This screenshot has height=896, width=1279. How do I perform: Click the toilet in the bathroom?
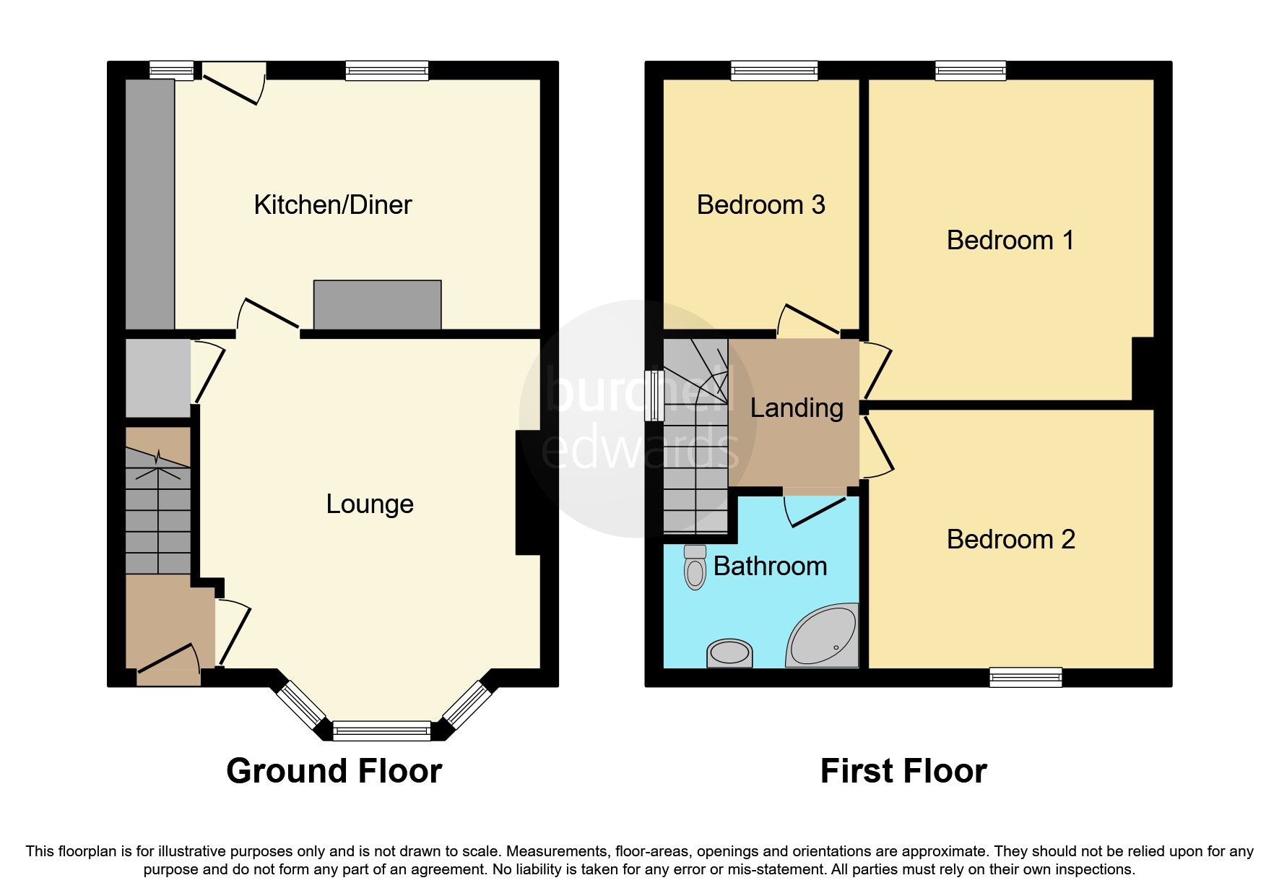pyautogui.click(x=695, y=569)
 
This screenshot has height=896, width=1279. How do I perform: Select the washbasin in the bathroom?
pyautogui.click(x=729, y=653)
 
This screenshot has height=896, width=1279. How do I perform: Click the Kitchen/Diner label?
pyautogui.click(x=332, y=205)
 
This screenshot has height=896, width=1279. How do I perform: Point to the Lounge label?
pyautogui.click(x=370, y=504)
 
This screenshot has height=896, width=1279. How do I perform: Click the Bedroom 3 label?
pyautogui.click(x=760, y=205)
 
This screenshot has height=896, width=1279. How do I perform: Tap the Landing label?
pyautogui.click(x=796, y=408)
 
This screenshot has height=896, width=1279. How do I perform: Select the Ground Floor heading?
pyautogui.click(x=334, y=771)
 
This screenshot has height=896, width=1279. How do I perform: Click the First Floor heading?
pyautogui.click(x=903, y=771)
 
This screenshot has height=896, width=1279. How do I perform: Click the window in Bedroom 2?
pyautogui.click(x=1025, y=676)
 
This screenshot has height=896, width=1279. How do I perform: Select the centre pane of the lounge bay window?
pyautogui.click(x=381, y=731)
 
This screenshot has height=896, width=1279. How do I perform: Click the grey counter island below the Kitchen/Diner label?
pyautogui.click(x=377, y=305)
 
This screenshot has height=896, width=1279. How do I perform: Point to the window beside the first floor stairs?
pyautogui.click(x=655, y=395)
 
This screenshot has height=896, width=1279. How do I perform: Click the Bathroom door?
pyautogui.click(x=816, y=510)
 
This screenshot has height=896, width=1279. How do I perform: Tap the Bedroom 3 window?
pyautogui.click(x=773, y=70)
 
